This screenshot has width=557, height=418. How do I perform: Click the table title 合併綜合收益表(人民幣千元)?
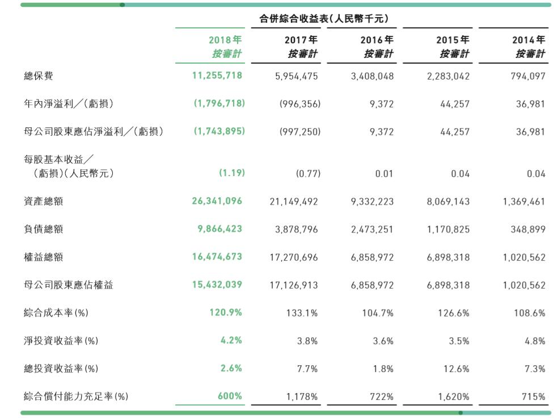pos(324,19)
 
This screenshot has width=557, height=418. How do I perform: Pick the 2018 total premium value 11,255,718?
pos(217,76)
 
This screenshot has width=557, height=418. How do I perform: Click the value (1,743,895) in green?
pos(220,131)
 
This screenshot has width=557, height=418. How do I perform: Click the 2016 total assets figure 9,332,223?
pos(372,202)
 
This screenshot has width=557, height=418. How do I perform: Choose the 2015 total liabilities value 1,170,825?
pos(448,229)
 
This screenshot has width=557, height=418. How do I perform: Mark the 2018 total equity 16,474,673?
pos(217,257)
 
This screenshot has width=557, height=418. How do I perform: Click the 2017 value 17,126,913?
pos(294,285)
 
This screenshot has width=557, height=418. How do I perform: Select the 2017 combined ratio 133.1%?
pos(304,313)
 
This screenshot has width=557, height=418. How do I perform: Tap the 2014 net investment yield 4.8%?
pos(535,341)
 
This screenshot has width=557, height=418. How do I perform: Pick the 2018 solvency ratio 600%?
pos(230,396)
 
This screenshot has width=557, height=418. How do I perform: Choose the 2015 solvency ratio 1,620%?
pos(454,396)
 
